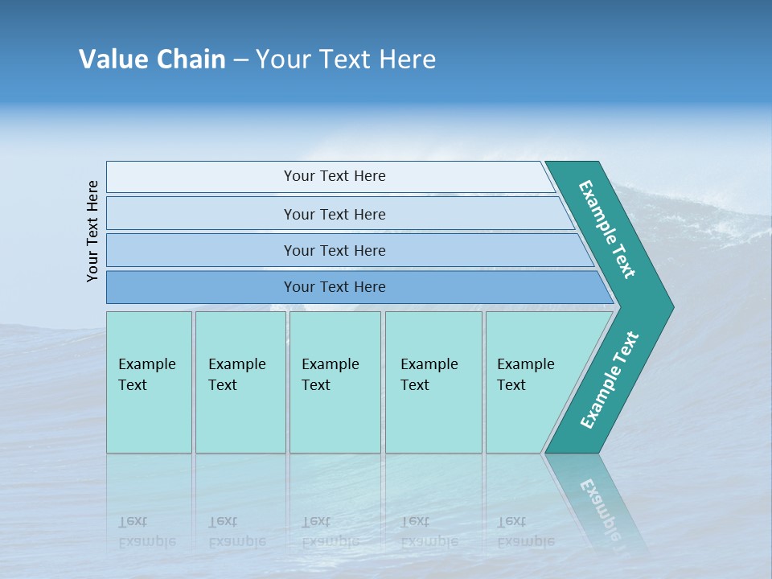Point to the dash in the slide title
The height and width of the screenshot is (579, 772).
coord(240,60)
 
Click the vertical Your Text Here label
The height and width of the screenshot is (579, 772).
coord(92,231)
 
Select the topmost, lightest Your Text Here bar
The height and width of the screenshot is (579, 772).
coord(334,176)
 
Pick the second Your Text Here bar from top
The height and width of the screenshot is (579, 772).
coord(334,214)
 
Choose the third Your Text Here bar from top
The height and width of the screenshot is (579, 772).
coord(334,250)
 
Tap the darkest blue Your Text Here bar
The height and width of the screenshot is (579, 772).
coord(334,287)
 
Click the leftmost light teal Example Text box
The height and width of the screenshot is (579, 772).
coord(149,382)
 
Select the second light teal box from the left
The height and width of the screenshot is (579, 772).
coord(240,382)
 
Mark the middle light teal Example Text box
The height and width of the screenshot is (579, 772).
coord(335,382)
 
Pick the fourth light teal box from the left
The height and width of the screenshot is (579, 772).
coord(433,382)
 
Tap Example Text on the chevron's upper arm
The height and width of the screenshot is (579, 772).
coord(607,229)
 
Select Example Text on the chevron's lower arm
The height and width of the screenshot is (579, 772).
coord(610,380)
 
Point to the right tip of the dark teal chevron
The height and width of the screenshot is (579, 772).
coord(671,307)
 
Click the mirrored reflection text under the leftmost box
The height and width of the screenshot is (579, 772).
coord(147,532)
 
